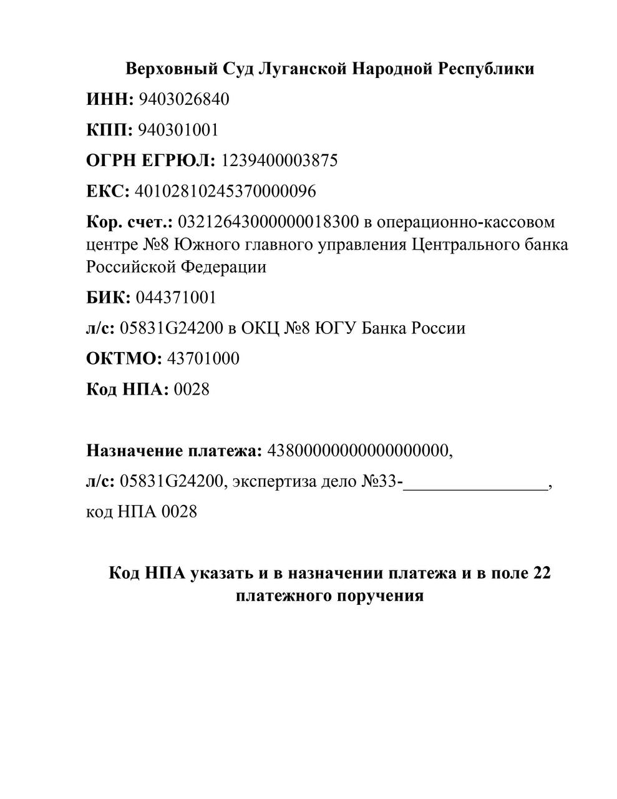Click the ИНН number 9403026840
coord(183,99)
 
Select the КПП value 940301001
coord(178,130)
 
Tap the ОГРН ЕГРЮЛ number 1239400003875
coord(279,160)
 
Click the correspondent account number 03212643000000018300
coord(268,222)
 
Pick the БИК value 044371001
coord(176,297)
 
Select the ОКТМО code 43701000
coord(203,359)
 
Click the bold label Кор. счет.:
coord(130,222)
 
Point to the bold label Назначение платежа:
coord(174,450)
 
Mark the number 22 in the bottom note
coord(542,572)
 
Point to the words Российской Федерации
coord(176,267)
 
